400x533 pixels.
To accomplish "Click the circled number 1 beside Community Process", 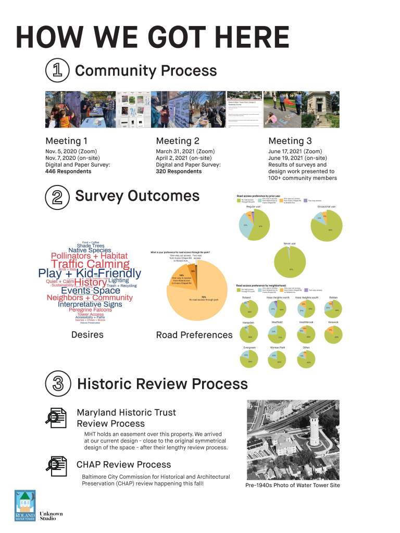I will point(55,71).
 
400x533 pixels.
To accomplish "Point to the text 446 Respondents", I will point(68,171).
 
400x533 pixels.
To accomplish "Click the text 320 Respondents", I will point(179,171).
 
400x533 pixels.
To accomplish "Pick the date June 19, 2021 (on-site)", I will point(297,158).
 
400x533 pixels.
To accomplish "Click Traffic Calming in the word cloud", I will point(90,264).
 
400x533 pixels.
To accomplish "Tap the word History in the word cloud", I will point(90,282).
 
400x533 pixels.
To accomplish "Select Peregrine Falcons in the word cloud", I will point(90,309).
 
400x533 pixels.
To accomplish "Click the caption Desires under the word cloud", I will point(87,334).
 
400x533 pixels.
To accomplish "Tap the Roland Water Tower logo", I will point(26,505).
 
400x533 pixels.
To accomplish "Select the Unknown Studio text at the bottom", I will point(51,516).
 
